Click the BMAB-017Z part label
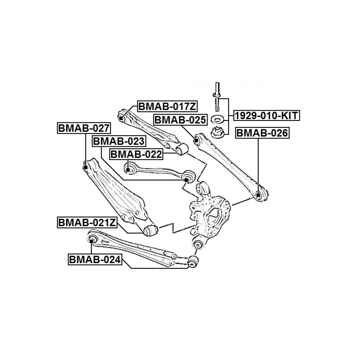point(167,106)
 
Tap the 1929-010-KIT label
point(266,116)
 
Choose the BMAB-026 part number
point(262,133)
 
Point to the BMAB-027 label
point(84,128)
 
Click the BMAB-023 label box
point(118,141)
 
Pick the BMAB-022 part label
point(136,155)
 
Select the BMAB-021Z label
point(87,222)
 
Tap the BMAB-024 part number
point(95,260)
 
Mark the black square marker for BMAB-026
point(258,195)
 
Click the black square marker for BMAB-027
point(85,167)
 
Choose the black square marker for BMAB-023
point(186,179)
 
